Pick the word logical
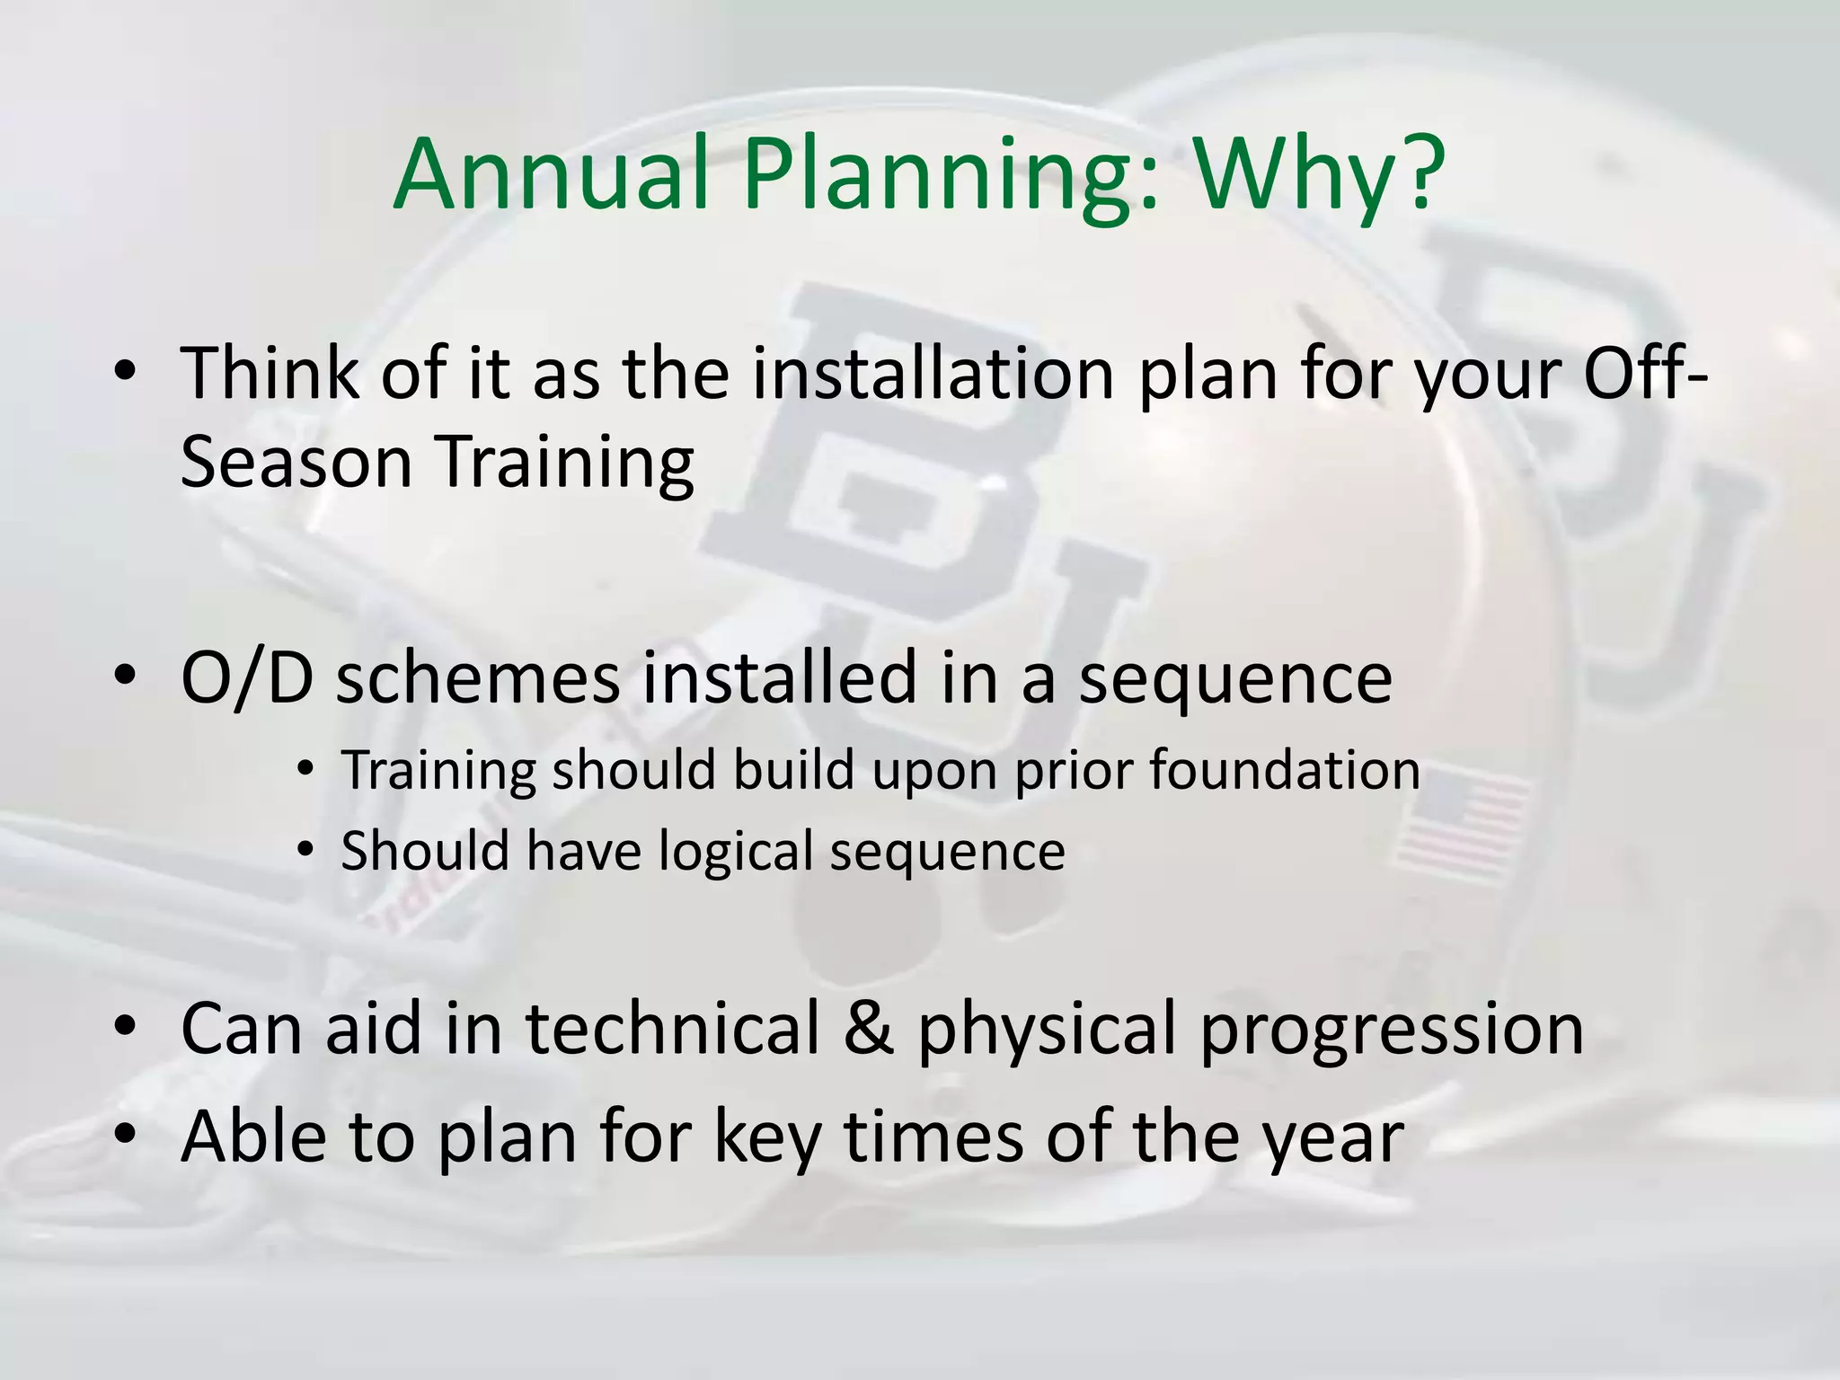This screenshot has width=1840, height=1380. pyautogui.click(x=735, y=852)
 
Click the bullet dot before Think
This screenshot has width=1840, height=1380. pyautogui.click(x=125, y=374)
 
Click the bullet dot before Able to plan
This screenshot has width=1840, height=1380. pyautogui.click(x=125, y=1136)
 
